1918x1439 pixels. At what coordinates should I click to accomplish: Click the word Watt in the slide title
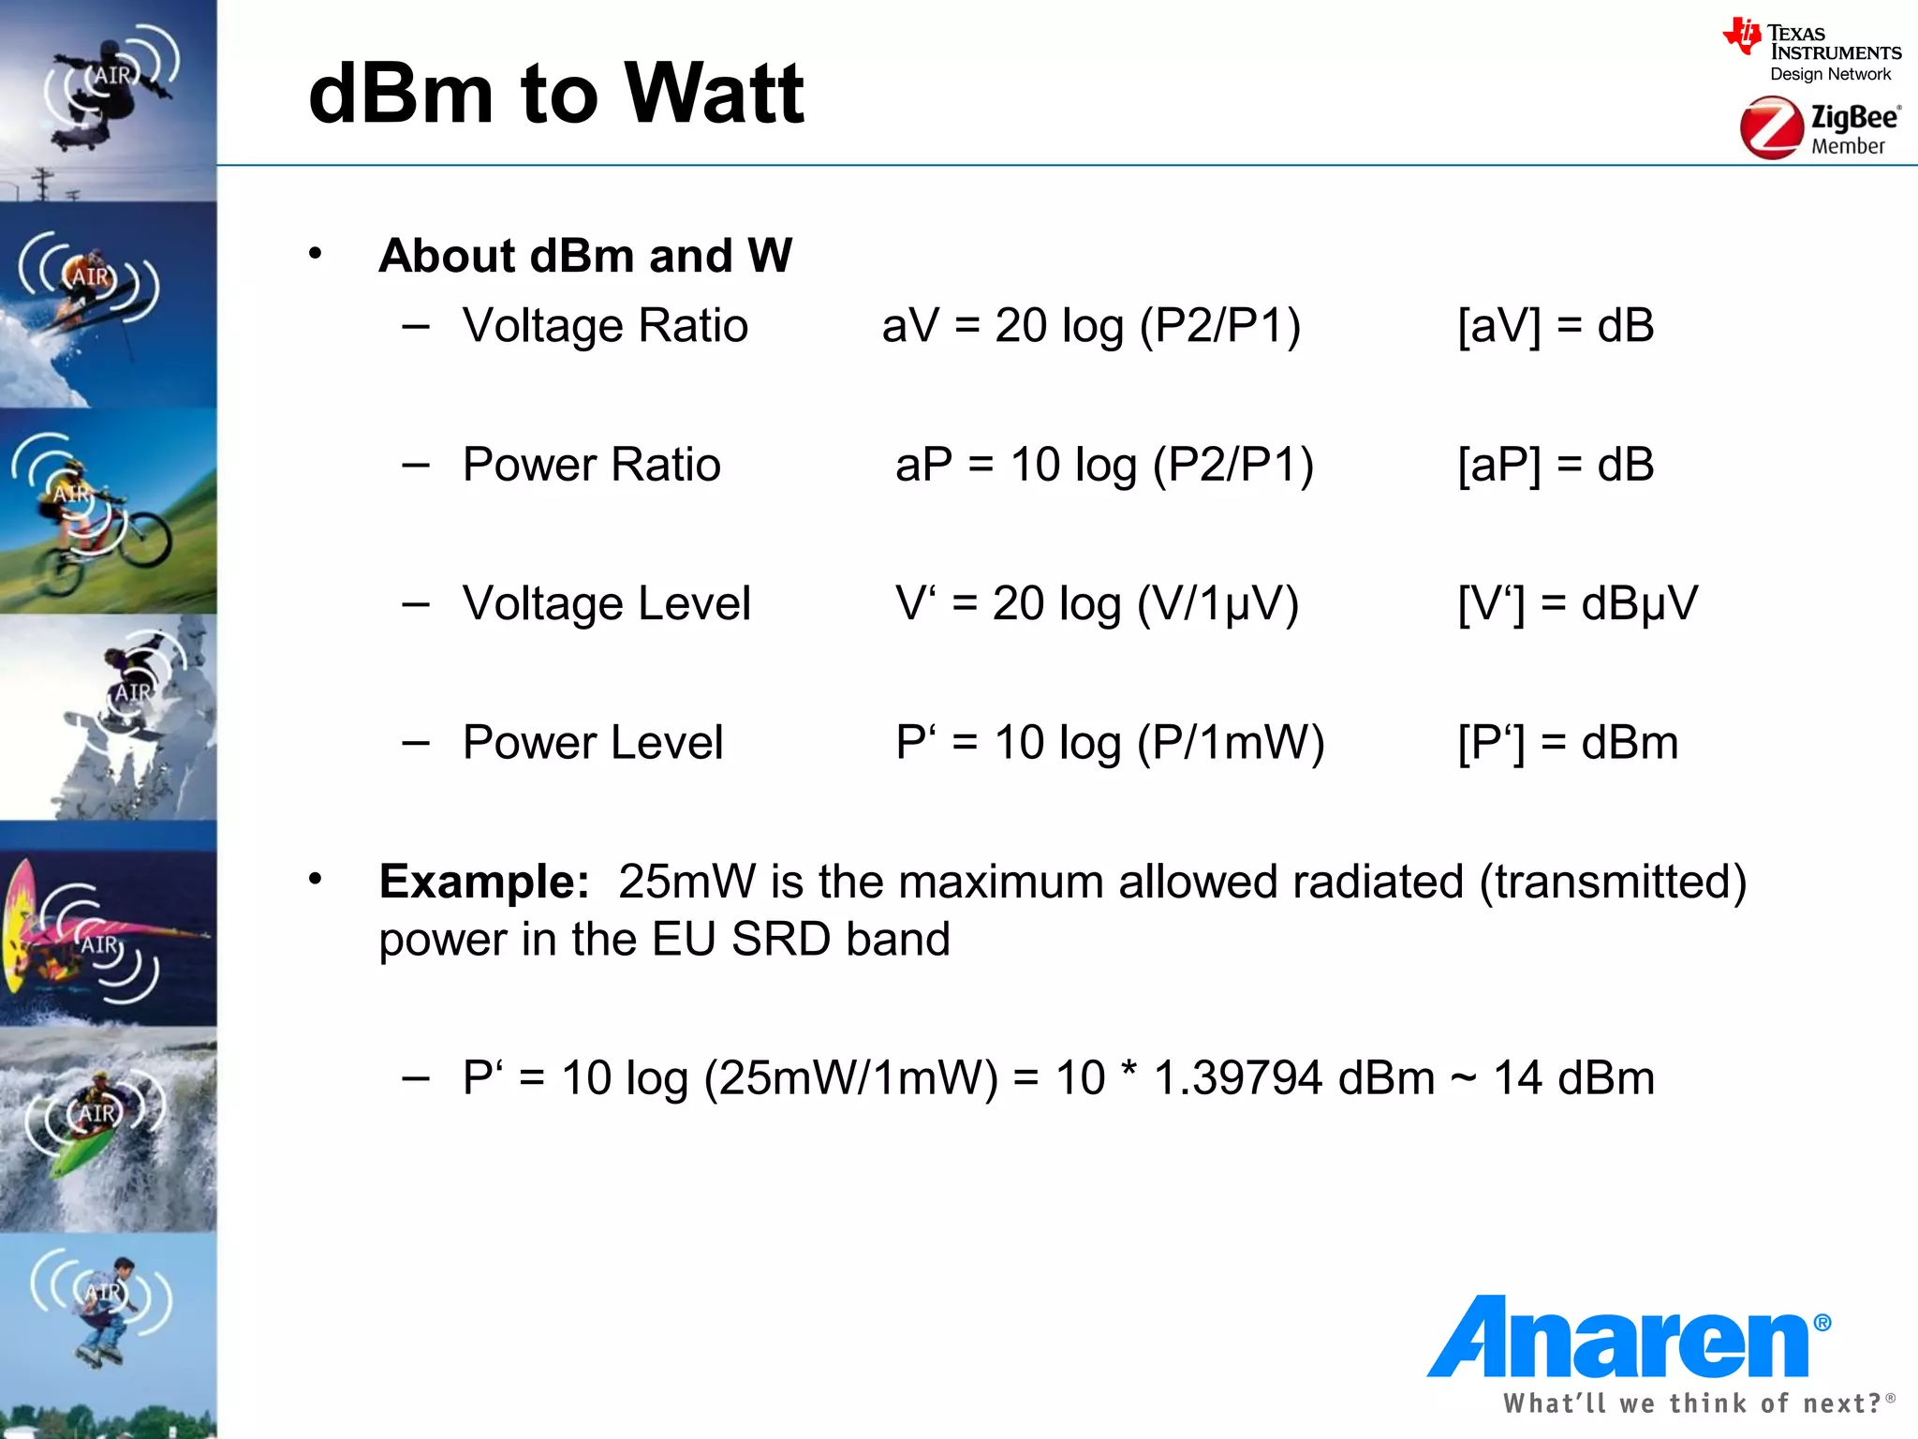click(x=714, y=94)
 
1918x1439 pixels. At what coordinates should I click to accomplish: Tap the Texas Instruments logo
click(x=1811, y=51)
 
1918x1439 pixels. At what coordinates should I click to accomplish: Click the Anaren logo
click(x=1628, y=1337)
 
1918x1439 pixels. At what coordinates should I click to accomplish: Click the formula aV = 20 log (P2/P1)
click(x=1091, y=326)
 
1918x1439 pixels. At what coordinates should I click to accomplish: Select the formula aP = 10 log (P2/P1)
click(x=1104, y=465)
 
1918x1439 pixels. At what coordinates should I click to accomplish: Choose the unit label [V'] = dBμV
click(x=1577, y=603)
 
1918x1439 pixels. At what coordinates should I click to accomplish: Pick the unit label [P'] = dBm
click(x=1568, y=742)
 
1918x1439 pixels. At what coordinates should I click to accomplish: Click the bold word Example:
click(x=483, y=882)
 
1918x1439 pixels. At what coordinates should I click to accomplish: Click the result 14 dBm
click(x=1573, y=1077)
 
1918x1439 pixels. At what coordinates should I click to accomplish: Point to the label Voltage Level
click(x=606, y=603)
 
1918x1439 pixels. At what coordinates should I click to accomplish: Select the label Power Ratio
click(x=591, y=465)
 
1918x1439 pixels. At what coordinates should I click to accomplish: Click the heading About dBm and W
click(x=585, y=256)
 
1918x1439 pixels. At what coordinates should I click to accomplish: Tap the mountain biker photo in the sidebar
click(x=108, y=511)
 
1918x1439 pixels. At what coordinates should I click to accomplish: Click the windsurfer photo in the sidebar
click(x=108, y=937)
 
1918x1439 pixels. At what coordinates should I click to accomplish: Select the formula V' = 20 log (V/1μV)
click(x=1097, y=603)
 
